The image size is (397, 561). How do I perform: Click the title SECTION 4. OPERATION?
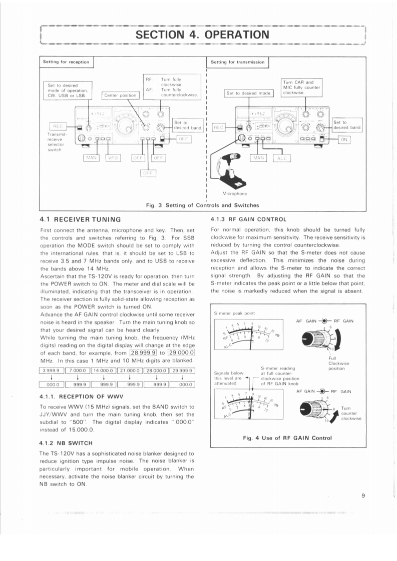point(203,34)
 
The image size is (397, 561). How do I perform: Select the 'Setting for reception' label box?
point(66,62)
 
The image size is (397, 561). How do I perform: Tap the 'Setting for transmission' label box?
point(237,62)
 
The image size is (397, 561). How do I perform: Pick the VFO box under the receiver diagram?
point(113,158)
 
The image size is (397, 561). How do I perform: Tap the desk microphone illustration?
point(229,170)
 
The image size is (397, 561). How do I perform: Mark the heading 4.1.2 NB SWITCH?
point(67,442)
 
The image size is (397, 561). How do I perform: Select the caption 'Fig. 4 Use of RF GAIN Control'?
point(287,438)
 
